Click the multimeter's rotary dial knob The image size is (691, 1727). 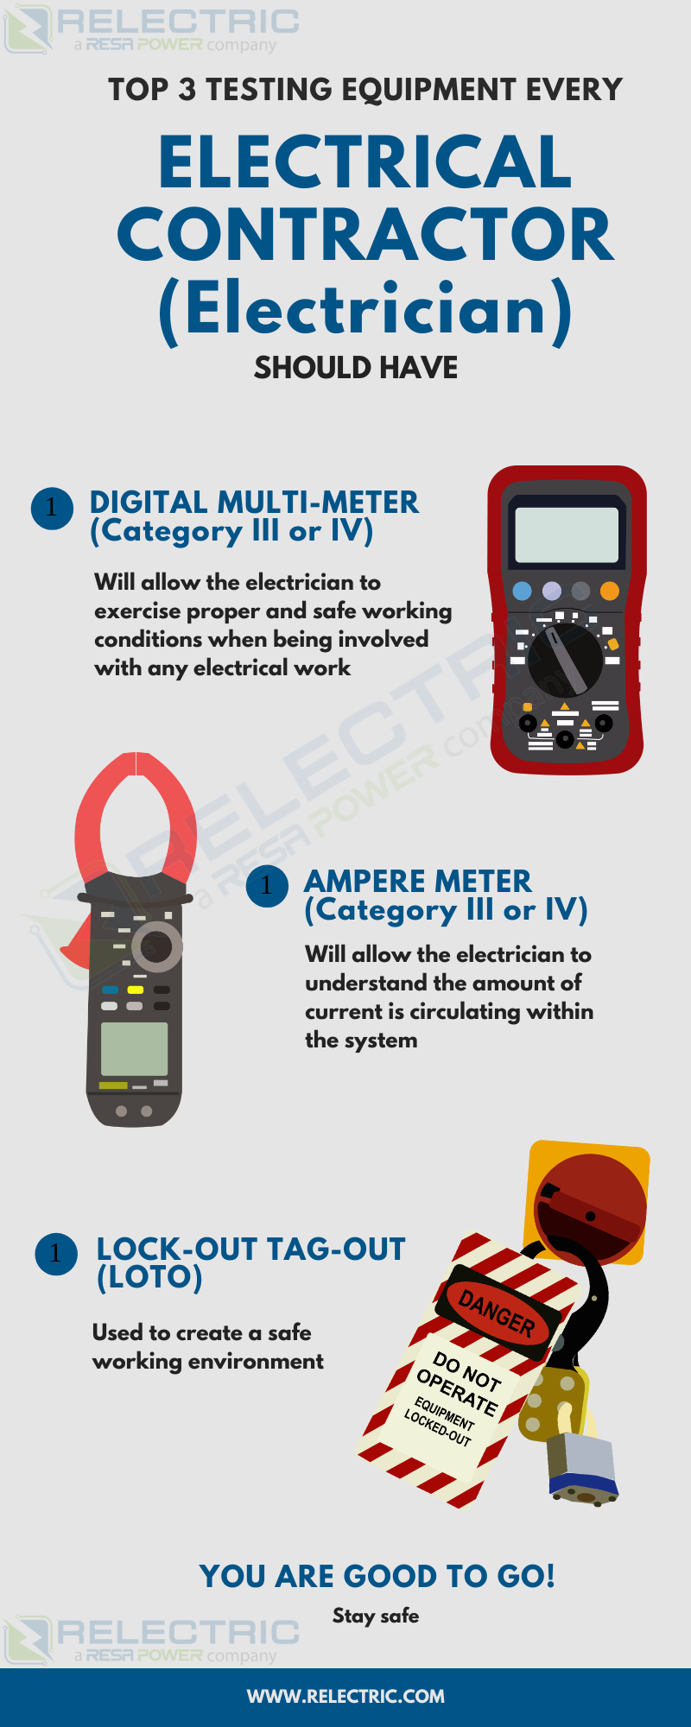click(565, 661)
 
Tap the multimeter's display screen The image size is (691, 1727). click(567, 535)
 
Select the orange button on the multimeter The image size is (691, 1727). click(610, 591)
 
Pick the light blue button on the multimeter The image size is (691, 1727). click(522, 591)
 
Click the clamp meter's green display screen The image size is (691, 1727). click(134, 1048)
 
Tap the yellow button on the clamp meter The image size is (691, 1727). click(136, 990)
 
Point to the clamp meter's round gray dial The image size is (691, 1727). click(156, 946)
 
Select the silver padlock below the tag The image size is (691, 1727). click(582, 1467)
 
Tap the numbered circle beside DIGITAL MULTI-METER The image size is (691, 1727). click(52, 508)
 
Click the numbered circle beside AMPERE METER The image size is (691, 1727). click(267, 886)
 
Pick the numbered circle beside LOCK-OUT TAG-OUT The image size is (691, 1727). click(56, 1254)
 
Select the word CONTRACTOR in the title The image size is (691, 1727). click(365, 235)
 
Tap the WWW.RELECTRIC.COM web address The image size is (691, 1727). click(345, 1696)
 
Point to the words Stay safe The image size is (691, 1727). click(376, 1616)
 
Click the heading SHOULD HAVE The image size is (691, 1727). click(356, 368)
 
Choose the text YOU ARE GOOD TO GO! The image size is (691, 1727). click(377, 1576)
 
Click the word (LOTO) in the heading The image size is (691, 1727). click(149, 1277)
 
